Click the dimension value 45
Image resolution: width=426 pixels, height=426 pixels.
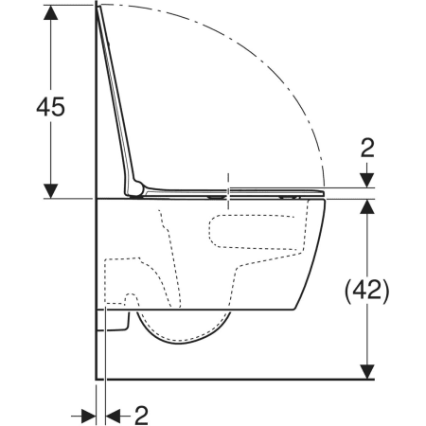click(50, 106)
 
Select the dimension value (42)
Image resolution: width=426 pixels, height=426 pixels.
click(366, 291)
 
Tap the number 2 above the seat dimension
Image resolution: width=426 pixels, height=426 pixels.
click(367, 148)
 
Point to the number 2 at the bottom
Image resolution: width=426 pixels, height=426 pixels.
click(141, 416)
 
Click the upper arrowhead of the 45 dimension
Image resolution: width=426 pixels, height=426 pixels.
click(50, 12)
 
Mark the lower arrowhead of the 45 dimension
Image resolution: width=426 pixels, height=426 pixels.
click(50, 191)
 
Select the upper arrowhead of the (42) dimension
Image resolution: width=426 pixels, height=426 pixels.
click(367, 206)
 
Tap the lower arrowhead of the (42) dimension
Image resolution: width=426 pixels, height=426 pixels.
click(367, 372)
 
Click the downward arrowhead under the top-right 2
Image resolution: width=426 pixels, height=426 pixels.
click(367, 180)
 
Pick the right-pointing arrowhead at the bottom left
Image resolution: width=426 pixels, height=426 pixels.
click(89, 417)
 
